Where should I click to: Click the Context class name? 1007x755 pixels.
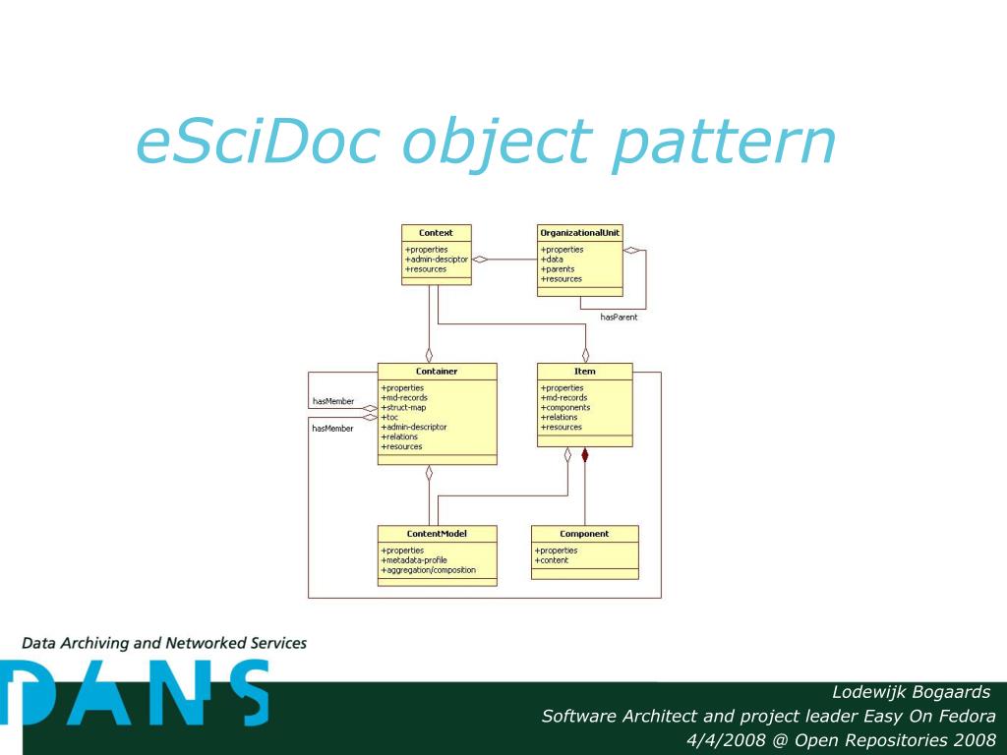pos(436,233)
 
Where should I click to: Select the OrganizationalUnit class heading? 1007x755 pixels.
pos(579,233)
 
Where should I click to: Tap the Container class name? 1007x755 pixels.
pos(437,372)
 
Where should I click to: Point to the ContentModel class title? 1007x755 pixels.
pos(437,534)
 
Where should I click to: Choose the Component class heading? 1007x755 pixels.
pos(584,534)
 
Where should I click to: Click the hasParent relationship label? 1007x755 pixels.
pos(619,317)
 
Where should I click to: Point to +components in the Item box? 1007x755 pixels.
pos(565,408)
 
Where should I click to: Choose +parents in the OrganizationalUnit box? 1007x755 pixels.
pos(558,269)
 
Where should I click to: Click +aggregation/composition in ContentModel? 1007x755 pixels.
pos(429,570)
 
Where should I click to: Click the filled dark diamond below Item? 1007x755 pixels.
pos(585,455)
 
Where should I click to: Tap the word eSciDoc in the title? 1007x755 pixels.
pos(258,143)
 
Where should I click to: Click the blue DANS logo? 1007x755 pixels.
pos(135,693)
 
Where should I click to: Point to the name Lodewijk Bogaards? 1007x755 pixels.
pos(911,692)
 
